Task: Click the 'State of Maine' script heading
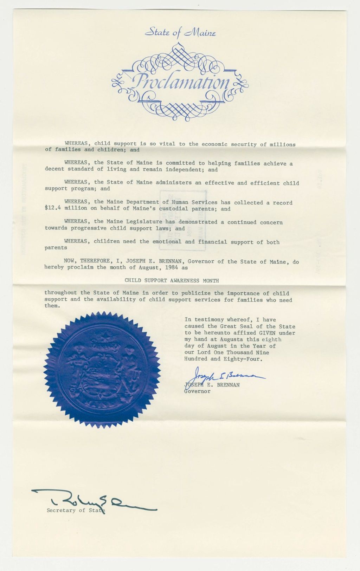[x=180, y=33]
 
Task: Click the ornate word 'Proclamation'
[x=180, y=82]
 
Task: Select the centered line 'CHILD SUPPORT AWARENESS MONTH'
[x=172, y=281]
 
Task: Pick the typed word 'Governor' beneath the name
[x=197, y=391]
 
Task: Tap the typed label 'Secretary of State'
[x=76, y=510]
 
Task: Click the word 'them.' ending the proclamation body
[x=52, y=306]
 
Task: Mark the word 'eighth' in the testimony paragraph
[x=271, y=339]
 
